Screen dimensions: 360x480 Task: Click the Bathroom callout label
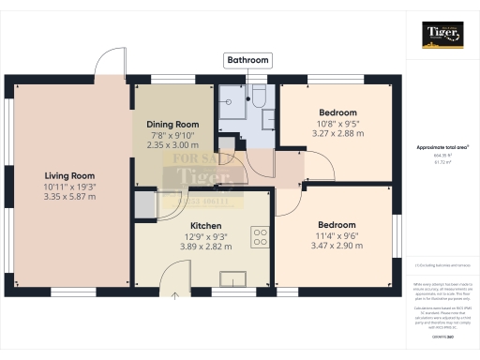[x=247, y=60]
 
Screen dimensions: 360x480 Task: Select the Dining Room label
[x=173, y=124]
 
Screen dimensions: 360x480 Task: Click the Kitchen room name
[x=205, y=226]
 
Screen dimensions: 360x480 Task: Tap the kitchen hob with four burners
[x=260, y=235]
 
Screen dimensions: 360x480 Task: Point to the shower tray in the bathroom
[x=232, y=111]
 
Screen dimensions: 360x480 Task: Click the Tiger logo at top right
[x=442, y=35]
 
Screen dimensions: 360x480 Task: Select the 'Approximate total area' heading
[x=442, y=148]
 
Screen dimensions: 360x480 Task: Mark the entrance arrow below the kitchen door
[x=174, y=295]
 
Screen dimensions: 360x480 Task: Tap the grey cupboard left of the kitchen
[x=145, y=203]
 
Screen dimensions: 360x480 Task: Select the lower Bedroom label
[x=336, y=225]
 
